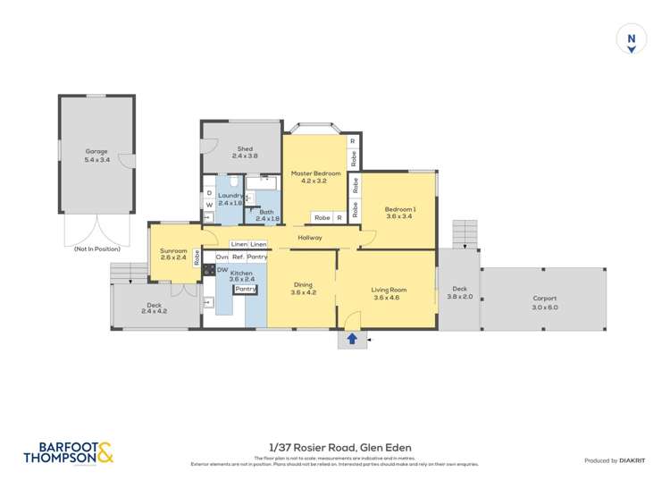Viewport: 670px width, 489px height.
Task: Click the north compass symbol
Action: click(632, 40)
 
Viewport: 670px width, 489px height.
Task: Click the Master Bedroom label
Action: click(315, 178)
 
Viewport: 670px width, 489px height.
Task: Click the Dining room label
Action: click(303, 289)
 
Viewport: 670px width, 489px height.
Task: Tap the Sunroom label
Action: click(173, 254)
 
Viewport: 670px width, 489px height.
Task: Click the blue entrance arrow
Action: click(352, 339)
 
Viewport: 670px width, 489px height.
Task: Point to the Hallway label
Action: click(309, 237)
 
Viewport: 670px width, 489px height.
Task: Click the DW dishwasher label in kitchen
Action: click(222, 270)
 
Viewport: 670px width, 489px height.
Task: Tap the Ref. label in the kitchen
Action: click(238, 257)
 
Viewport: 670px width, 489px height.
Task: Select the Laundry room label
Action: click(230, 199)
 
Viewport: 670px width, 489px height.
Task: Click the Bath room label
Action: click(267, 215)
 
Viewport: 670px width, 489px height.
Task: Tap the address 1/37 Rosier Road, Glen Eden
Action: click(335, 447)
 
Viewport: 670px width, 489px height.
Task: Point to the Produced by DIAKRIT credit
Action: click(614, 460)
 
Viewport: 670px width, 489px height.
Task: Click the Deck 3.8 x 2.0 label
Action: click(459, 293)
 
